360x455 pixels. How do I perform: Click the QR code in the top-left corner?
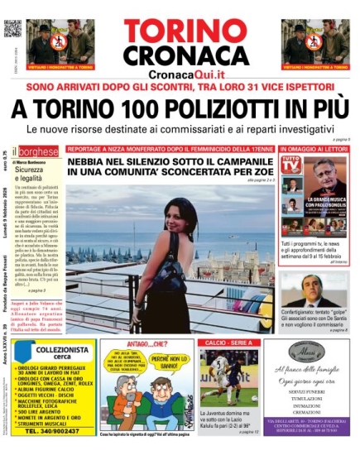point(12,29)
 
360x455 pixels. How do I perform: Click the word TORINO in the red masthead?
point(180,31)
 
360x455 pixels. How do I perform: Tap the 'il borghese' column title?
point(37,153)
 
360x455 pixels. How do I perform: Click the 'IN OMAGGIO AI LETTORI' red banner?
point(314,150)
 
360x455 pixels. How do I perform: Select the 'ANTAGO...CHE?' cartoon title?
point(131,343)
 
